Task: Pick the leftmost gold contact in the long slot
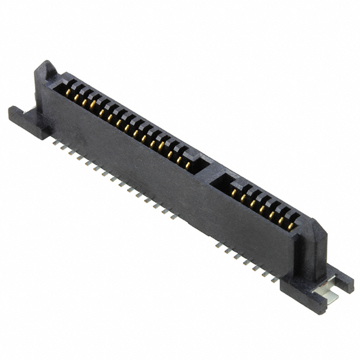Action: tap(67, 91)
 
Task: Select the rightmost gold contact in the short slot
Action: tap(291, 227)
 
